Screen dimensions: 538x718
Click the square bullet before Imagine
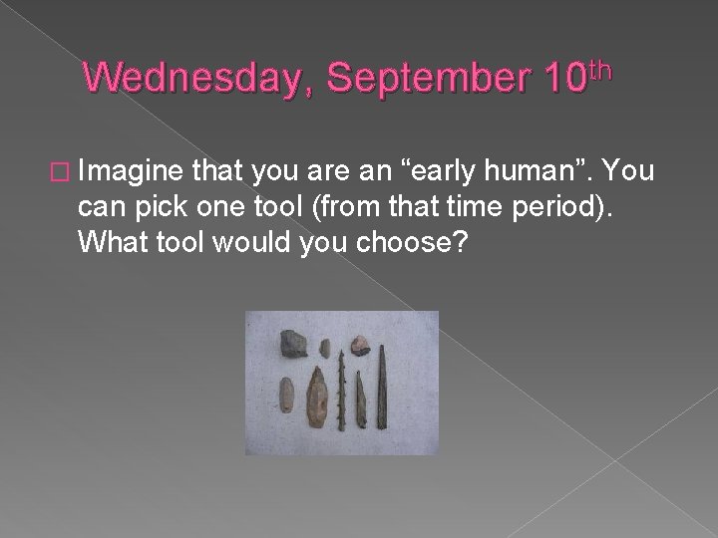[66, 172]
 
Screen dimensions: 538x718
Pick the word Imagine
[130, 172]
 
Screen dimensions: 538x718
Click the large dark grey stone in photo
[294, 342]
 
